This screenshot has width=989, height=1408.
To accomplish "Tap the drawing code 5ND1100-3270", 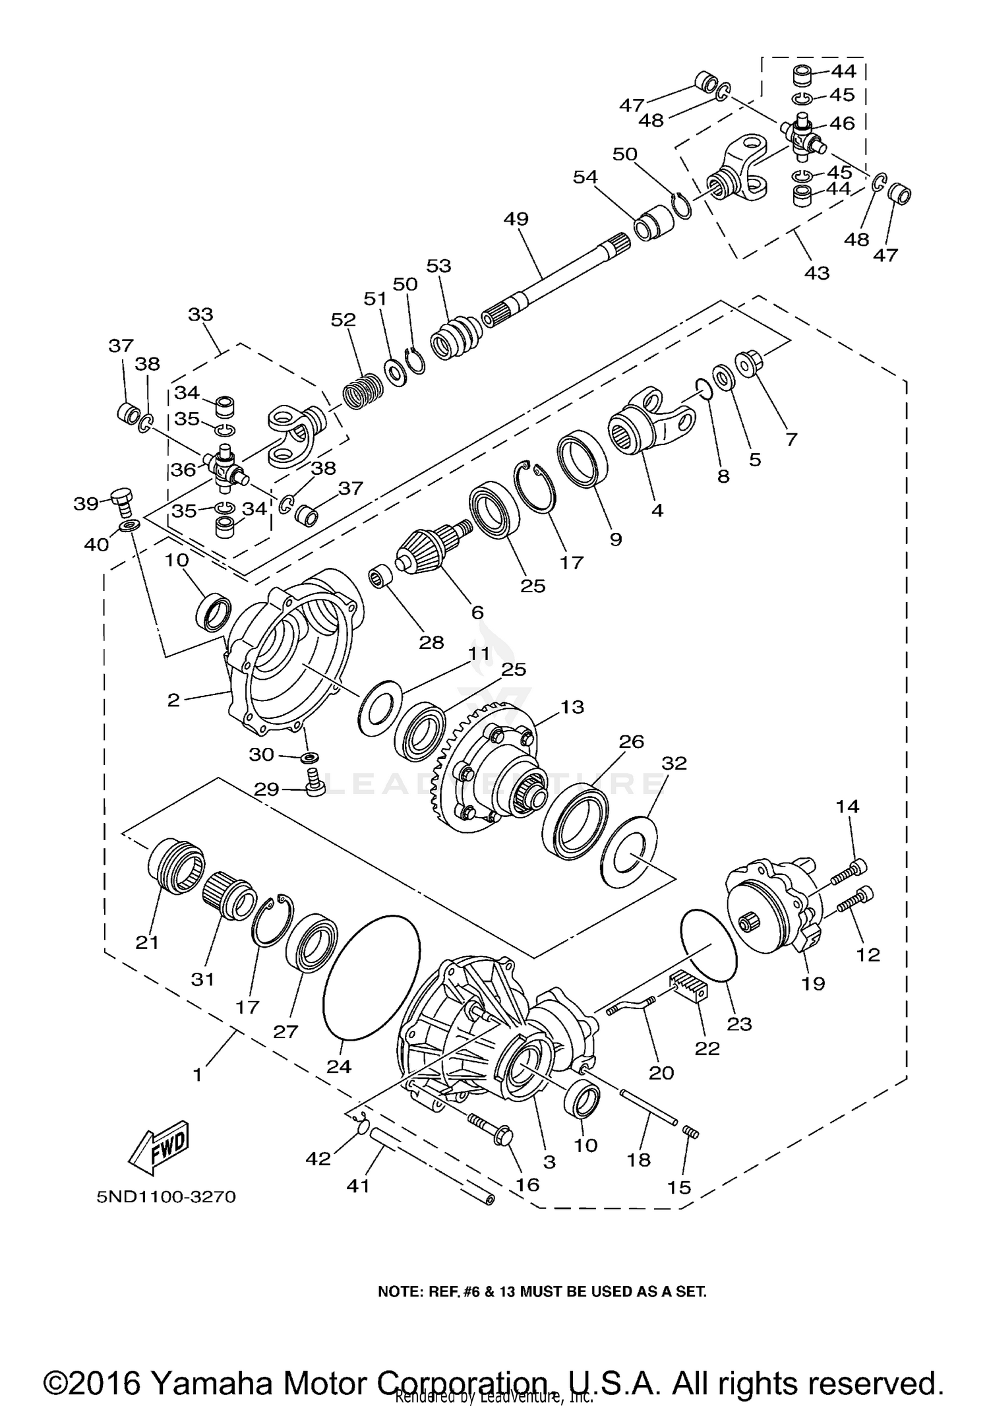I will (x=166, y=1197).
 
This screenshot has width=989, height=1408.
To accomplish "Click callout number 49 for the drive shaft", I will (x=516, y=219).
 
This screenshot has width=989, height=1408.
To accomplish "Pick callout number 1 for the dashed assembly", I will (x=197, y=1074).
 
